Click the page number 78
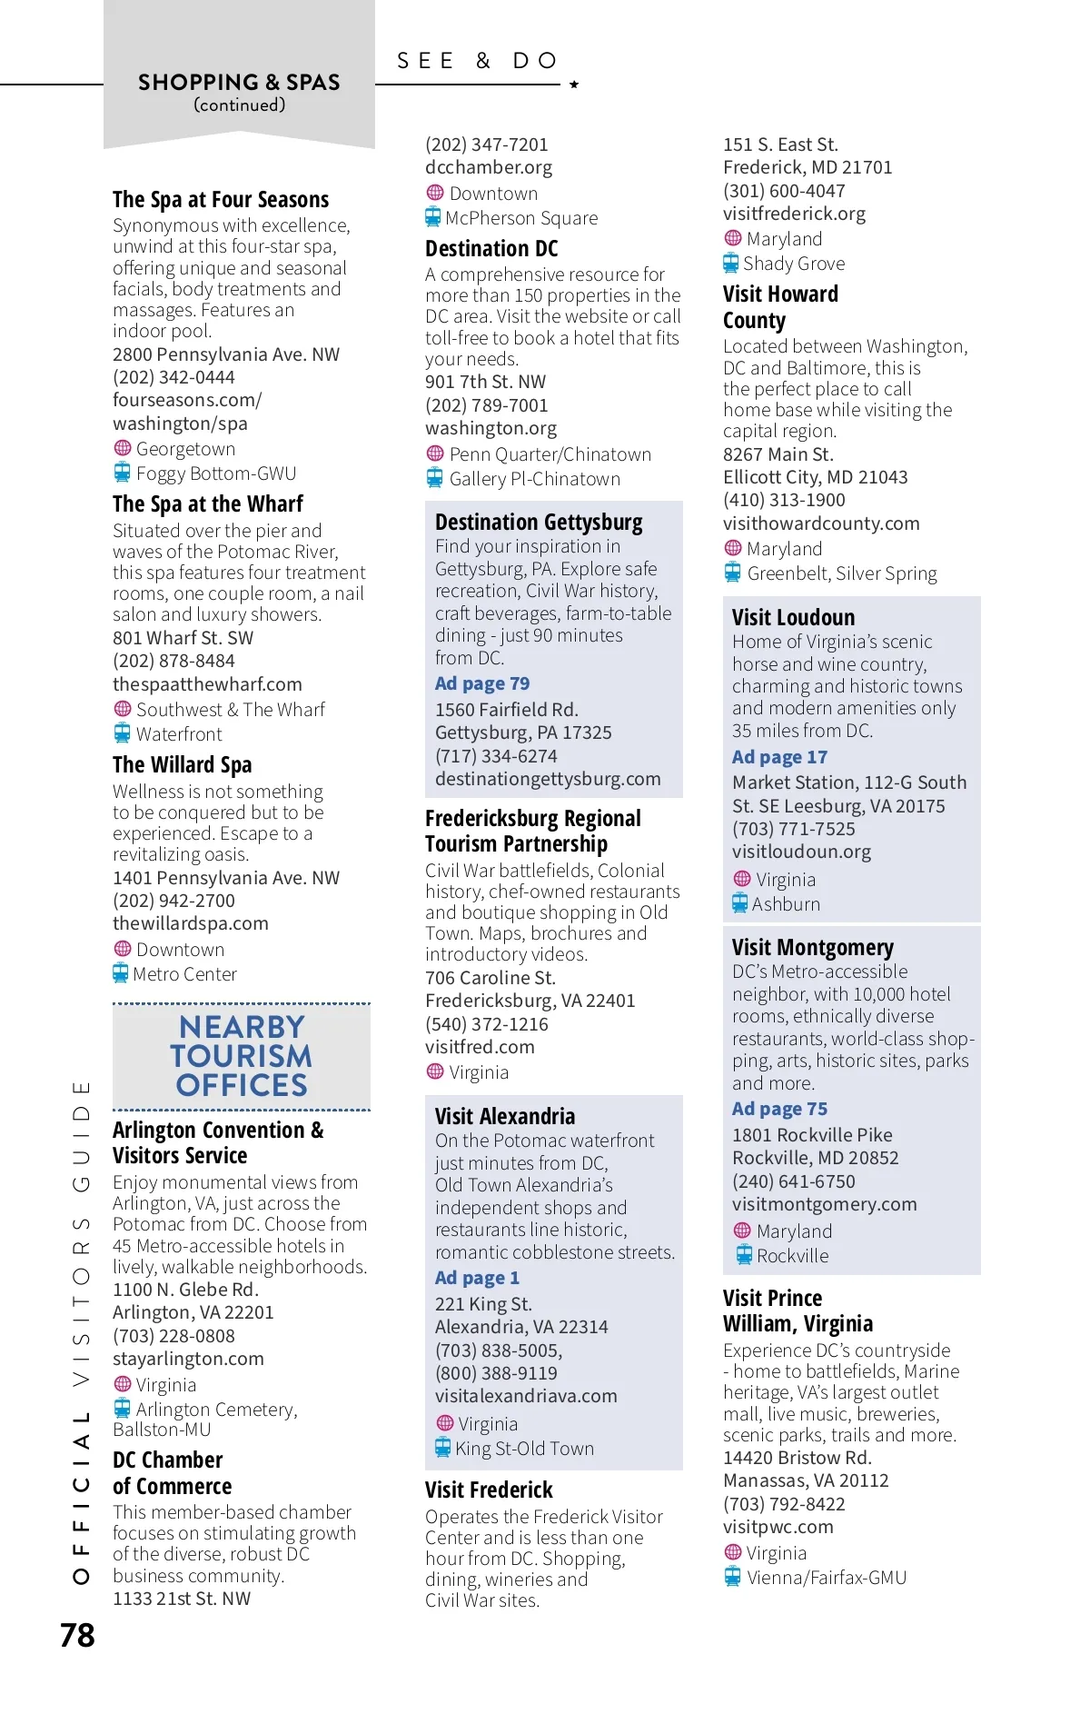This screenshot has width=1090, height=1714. tap(77, 1635)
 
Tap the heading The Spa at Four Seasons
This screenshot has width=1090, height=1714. tap(221, 200)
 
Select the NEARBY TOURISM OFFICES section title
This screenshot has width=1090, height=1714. tap(242, 1056)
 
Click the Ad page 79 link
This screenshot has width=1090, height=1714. tap(481, 683)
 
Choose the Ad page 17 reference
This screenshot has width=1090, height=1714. tap(779, 757)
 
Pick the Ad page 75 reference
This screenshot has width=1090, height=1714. tap(779, 1109)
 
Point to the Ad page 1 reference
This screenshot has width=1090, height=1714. tap(477, 1278)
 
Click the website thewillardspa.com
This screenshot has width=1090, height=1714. tap(191, 923)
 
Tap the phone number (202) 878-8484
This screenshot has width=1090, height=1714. tap(173, 661)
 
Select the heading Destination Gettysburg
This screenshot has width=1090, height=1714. tap(539, 523)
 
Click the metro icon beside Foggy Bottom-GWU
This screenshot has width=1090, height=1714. tap(122, 473)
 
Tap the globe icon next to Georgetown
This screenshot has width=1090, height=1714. tap(122, 448)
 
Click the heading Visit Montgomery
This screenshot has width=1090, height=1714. tap(812, 948)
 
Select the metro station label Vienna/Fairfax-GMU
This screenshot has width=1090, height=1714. tap(827, 1578)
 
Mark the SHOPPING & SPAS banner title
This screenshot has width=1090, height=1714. tap(239, 83)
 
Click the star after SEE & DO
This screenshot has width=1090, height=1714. tap(574, 85)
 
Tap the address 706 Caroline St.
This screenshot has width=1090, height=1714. tap(490, 978)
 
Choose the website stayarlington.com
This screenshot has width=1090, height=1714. tap(188, 1359)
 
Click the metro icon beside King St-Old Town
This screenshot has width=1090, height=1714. tap(442, 1448)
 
